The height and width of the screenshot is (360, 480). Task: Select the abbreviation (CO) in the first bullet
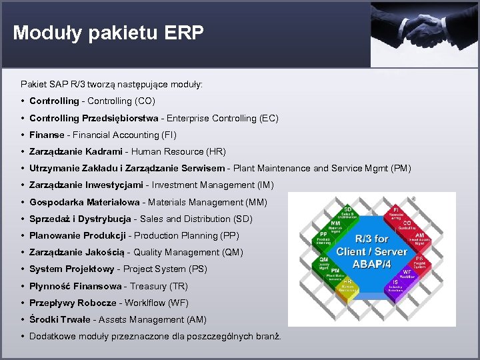click(x=145, y=101)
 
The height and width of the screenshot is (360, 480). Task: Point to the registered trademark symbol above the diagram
click(x=413, y=199)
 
